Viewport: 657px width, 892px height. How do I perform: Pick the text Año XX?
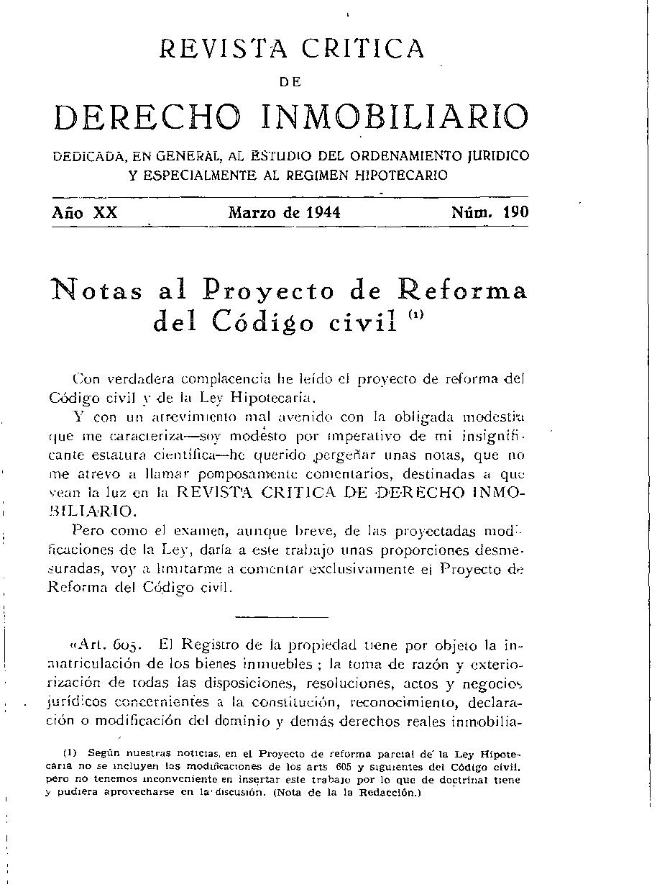84,213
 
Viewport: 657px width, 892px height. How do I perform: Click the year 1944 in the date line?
321,213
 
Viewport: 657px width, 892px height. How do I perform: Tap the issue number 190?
515,212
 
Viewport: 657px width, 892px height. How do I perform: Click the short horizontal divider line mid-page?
281,617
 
